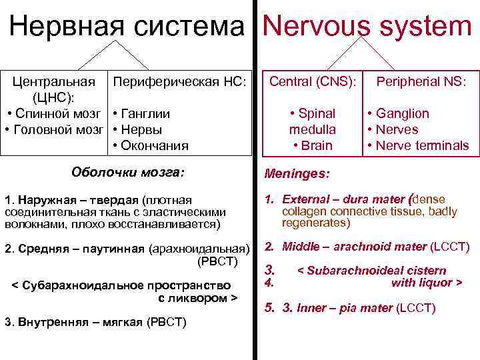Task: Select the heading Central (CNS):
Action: (313, 82)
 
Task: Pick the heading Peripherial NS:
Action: (422, 82)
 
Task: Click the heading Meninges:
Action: (297, 174)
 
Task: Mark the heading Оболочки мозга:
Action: (127, 173)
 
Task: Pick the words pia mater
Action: (366, 308)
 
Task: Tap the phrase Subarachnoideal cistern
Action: (371, 271)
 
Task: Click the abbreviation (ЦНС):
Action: (53, 97)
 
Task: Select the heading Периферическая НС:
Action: (180, 82)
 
